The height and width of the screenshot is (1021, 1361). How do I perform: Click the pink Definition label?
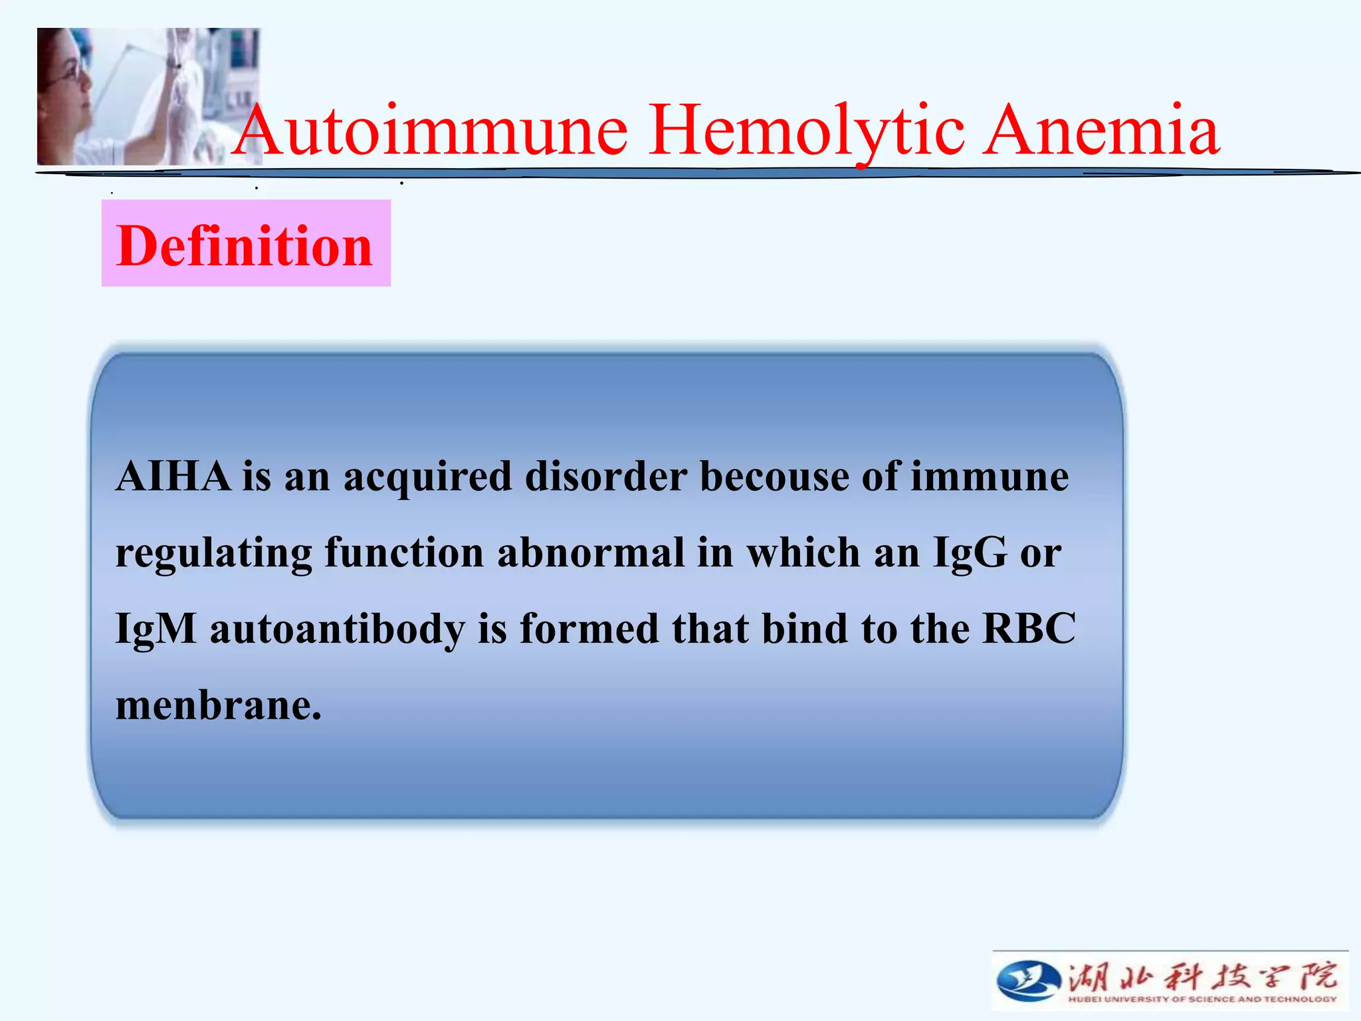(245, 245)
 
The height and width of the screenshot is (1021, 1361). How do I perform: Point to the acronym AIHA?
(173, 477)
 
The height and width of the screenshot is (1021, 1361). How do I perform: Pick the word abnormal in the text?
(590, 552)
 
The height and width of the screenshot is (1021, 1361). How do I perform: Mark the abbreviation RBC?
(1029, 628)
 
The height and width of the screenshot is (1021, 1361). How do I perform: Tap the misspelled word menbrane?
(218, 705)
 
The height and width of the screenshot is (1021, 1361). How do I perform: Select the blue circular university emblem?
(1028, 980)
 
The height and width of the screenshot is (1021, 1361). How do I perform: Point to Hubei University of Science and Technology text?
(1202, 999)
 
